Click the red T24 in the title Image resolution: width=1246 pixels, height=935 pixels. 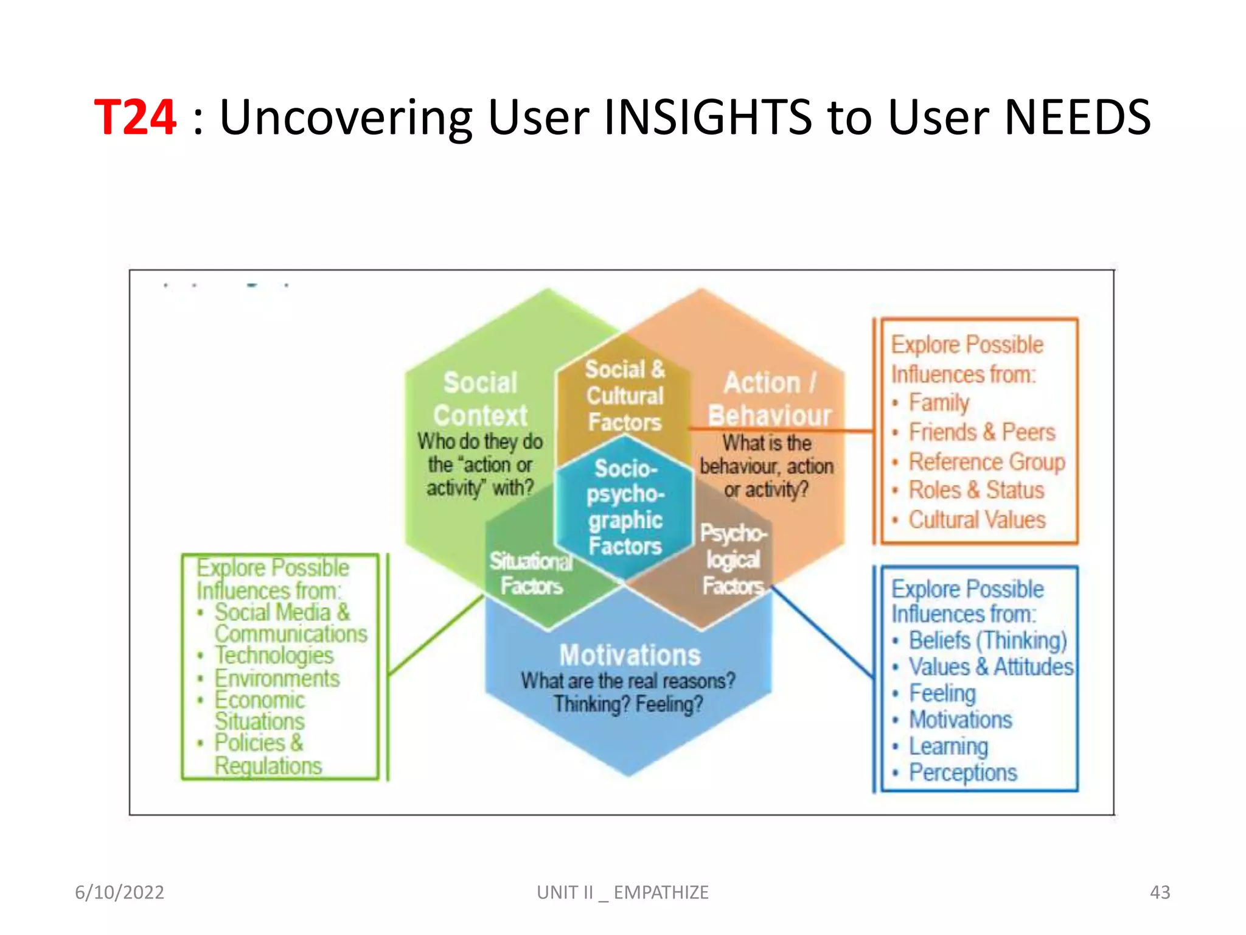[135, 117]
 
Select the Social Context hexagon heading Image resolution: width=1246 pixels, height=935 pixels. [480, 399]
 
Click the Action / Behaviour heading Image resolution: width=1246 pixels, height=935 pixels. [769, 399]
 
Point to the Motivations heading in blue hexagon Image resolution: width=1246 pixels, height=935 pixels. [630, 656]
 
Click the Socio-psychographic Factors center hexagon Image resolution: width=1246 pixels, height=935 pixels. [625, 508]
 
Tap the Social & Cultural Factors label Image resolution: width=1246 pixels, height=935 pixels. [625, 396]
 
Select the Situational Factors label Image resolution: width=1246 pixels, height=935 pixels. [531, 573]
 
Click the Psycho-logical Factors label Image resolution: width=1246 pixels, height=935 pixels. [733, 559]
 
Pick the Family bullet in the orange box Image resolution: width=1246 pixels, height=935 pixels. [938, 402]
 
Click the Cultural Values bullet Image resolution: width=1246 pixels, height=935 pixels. [976, 520]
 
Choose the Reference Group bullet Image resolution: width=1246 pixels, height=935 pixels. [986, 461]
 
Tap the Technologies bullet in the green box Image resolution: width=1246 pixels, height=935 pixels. [274, 656]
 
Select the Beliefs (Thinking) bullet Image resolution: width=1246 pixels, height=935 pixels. [987, 640]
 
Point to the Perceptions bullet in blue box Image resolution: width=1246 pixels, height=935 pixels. [962, 772]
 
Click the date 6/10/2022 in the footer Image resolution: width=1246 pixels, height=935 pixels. [119, 892]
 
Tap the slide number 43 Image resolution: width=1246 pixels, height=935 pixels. [1160, 892]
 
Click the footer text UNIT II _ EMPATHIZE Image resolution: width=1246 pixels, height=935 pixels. [622, 892]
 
